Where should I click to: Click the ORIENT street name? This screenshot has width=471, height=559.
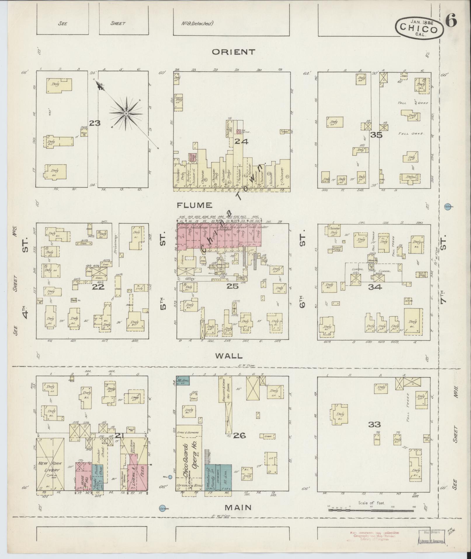[x=233, y=52]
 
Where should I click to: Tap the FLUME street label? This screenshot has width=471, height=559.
[x=194, y=205]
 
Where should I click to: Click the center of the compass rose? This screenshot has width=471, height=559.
[x=126, y=113]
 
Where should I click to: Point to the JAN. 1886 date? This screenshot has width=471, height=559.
[x=422, y=21]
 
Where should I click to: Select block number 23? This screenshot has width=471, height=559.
[x=95, y=123]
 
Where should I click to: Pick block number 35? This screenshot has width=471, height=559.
[x=376, y=135]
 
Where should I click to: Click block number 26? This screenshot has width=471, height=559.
[x=239, y=435]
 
